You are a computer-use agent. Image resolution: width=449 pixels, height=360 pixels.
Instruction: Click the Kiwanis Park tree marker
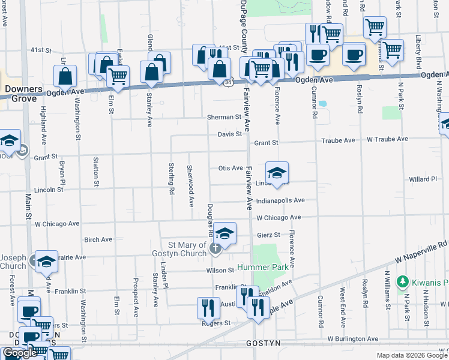[405, 281]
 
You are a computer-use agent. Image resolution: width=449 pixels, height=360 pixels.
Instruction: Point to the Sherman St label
[224, 117]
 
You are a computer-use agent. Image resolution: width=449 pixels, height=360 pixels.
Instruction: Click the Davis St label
[229, 134]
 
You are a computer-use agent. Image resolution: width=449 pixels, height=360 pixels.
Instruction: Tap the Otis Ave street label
[230, 169]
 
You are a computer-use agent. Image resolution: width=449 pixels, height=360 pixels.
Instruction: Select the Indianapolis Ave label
[280, 200]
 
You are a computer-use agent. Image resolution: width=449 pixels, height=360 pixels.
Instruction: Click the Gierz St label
[268, 235]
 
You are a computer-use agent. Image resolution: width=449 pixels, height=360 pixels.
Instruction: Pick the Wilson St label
[221, 271]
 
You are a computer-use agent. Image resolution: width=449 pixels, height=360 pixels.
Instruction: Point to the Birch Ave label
[98, 239]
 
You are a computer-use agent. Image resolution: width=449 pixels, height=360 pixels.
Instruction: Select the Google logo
[19, 353]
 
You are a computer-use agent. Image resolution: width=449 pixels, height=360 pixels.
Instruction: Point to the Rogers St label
[219, 323]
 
